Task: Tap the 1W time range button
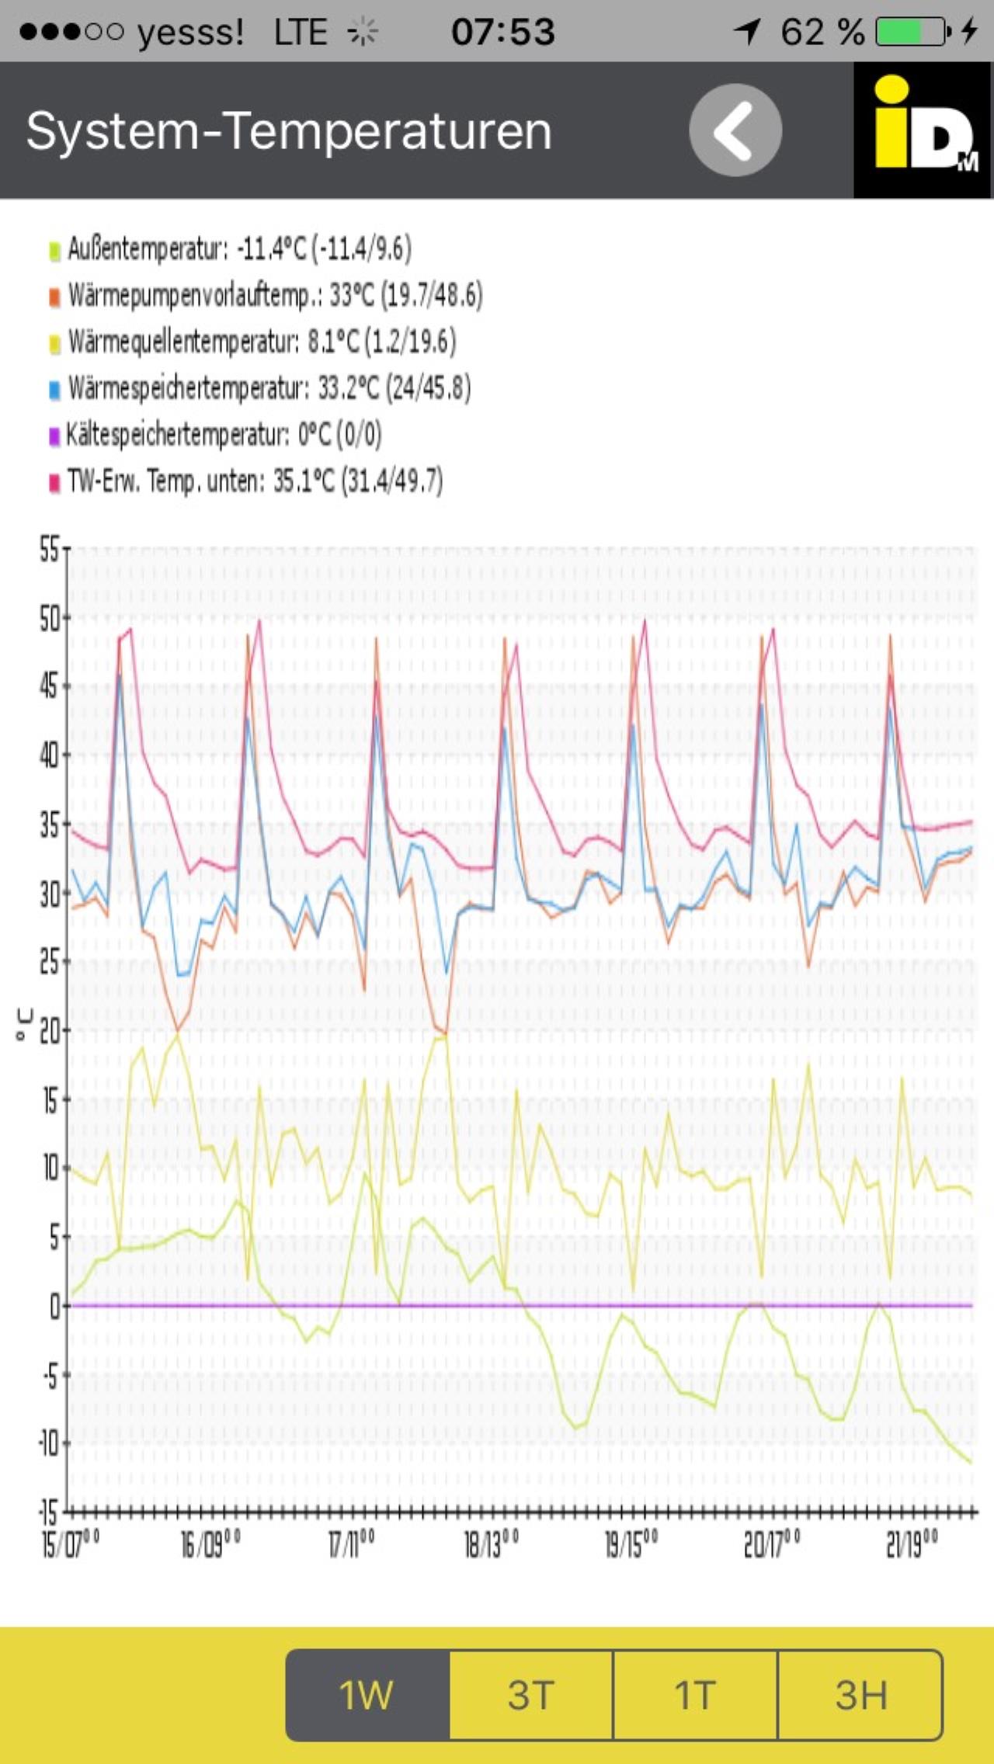(x=367, y=1695)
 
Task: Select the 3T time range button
(x=531, y=1695)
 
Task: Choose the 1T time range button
(x=695, y=1695)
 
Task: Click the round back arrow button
(x=735, y=130)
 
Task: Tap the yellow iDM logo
(x=923, y=129)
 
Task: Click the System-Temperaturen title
(x=289, y=130)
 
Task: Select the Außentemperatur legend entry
(x=230, y=249)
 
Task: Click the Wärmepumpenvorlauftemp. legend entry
(x=266, y=296)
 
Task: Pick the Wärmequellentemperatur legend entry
(x=252, y=342)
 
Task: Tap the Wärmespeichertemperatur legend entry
(x=260, y=388)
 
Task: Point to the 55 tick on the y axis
(x=49, y=550)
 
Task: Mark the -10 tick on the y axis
(x=49, y=1443)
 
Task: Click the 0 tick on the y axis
(x=54, y=1307)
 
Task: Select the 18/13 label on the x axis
(x=491, y=1544)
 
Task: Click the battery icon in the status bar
(x=911, y=32)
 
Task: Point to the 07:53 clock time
(x=503, y=32)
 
